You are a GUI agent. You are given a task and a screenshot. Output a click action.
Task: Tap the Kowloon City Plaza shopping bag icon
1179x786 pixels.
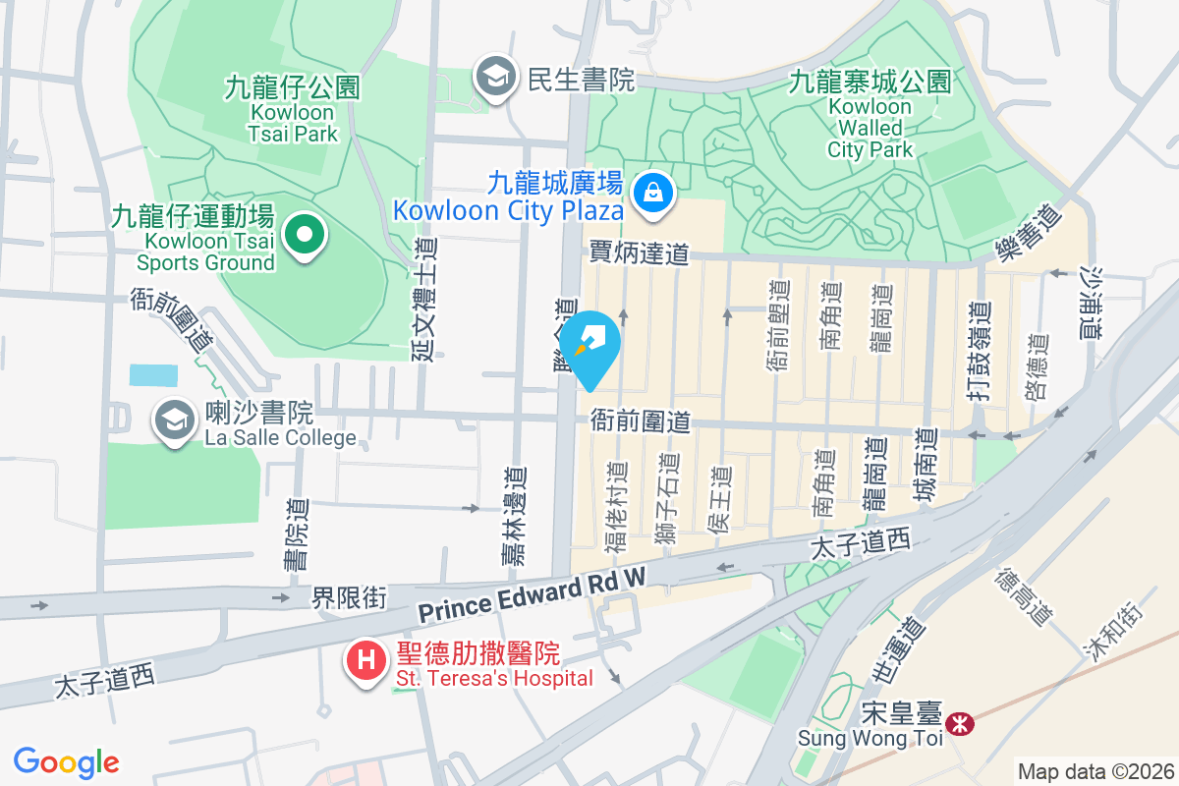[652, 192]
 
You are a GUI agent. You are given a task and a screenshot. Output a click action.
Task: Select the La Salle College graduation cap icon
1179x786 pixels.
[174, 421]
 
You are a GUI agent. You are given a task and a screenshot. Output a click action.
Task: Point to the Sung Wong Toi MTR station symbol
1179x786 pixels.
[959, 725]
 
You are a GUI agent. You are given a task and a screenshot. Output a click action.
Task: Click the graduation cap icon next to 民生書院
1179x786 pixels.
[495, 77]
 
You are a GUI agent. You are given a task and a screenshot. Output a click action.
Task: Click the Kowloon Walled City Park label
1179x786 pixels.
[870, 115]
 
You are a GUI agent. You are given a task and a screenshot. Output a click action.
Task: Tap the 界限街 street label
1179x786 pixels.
[349, 596]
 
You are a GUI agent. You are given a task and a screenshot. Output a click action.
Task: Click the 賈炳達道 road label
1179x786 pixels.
[639, 253]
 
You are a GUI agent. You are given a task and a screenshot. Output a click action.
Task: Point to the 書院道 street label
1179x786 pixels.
[295, 534]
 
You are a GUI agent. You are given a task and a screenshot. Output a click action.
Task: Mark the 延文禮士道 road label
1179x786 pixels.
[425, 299]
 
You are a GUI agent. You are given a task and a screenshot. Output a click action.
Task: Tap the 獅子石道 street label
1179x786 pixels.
[668, 499]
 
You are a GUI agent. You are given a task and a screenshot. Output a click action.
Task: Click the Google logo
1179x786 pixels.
[66, 762]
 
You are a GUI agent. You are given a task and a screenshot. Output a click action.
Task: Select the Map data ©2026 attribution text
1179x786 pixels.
[1095, 771]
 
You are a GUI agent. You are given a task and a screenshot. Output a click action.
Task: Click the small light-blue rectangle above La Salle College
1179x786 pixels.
[154, 375]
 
